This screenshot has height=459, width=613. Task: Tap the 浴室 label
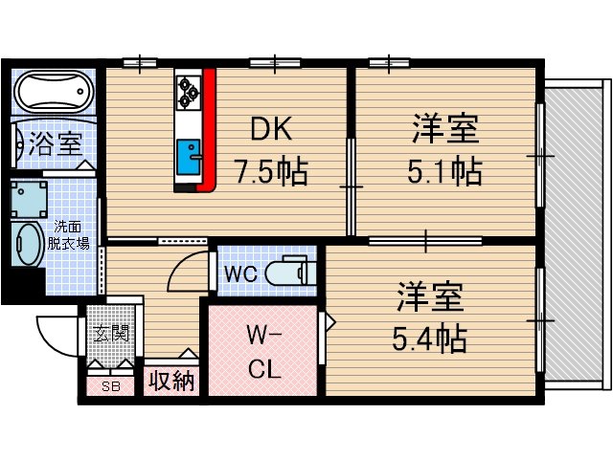point(55,145)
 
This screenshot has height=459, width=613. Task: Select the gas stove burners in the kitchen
point(187,90)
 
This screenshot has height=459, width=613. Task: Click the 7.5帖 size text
point(271,172)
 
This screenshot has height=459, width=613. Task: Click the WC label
point(239,273)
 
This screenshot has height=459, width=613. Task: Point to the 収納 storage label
point(170,381)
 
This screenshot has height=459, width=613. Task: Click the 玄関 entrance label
point(111,334)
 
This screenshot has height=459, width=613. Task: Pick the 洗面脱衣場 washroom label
point(71,235)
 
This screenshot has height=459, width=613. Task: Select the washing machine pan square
point(31,196)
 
